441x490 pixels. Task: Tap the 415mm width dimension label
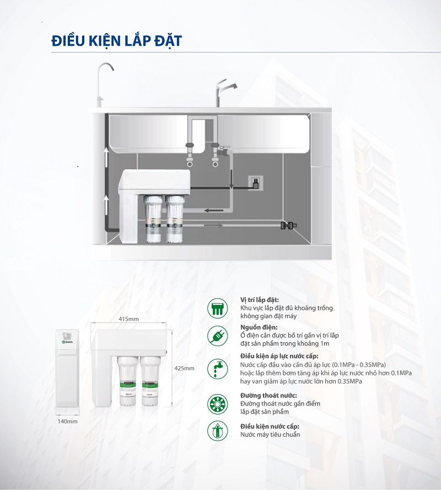(x=128, y=319)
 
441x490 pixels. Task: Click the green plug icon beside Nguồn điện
(x=218, y=335)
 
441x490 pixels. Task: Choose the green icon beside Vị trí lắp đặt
(x=218, y=308)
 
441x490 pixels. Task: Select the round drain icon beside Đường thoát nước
(x=218, y=404)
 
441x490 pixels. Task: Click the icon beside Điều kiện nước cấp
(x=218, y=430)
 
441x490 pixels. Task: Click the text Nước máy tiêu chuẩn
(x=270, y=434)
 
